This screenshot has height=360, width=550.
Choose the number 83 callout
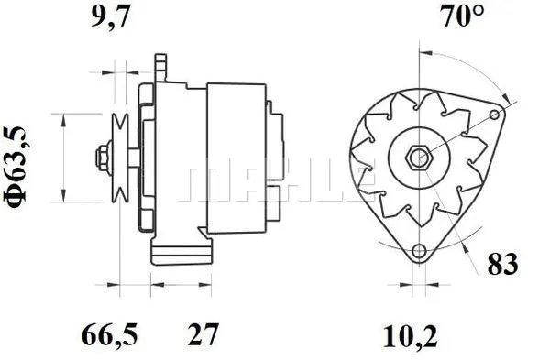pyautogui.click(x=502, y=265)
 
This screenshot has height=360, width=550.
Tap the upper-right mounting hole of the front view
pyautogui.click(x=496, y=115)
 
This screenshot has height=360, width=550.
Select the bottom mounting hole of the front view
pyautogui.click(x=419, y=252)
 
